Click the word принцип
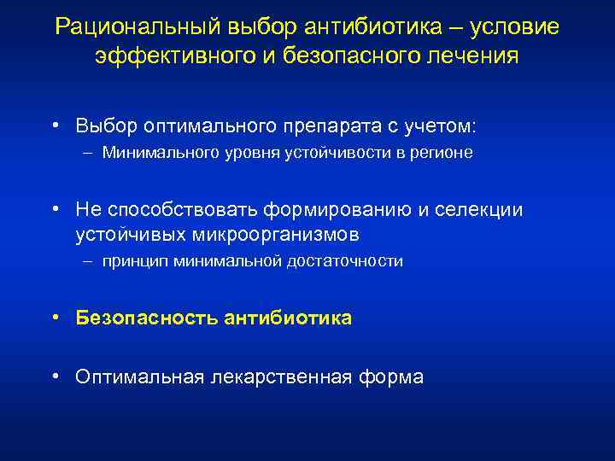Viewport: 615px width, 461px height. (x=135, y=261)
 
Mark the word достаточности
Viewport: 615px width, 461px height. (x=354, y=261)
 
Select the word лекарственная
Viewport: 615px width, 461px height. (x=278, y=376)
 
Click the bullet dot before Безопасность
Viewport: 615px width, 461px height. (x=55, y=318)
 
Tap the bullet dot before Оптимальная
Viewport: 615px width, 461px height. (x=55, y=376)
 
